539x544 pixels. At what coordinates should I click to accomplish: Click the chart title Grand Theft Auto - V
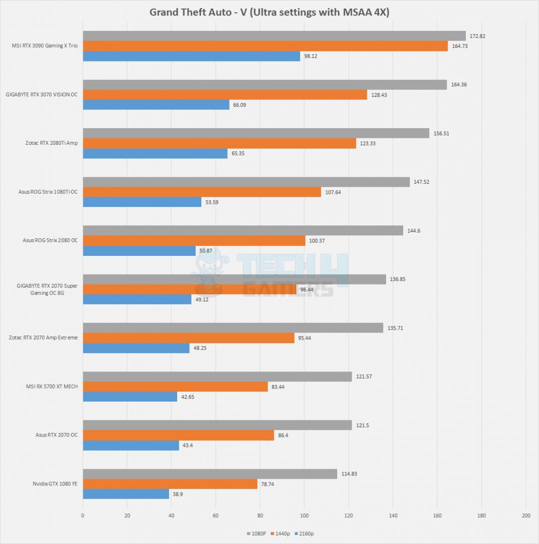click(269, 12)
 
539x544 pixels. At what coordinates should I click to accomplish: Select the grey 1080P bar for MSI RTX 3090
click(274, 36)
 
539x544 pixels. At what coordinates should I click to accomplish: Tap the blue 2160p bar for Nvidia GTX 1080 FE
click(126, 494)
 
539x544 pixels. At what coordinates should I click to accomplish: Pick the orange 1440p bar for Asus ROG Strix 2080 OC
click(194, 241)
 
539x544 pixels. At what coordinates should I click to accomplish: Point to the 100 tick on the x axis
click(304, 515)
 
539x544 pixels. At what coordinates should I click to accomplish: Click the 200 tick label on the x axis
click(525, 515)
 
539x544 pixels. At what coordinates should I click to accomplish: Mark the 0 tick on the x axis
click(83, 515)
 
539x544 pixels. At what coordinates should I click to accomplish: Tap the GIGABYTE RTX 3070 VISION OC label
click(42, 94)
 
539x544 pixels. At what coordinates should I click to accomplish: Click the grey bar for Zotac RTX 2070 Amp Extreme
click(233, 328)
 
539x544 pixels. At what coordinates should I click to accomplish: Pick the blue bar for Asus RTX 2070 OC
click(131, 446)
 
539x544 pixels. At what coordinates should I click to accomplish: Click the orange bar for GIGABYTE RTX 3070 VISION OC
click(225, 94)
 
